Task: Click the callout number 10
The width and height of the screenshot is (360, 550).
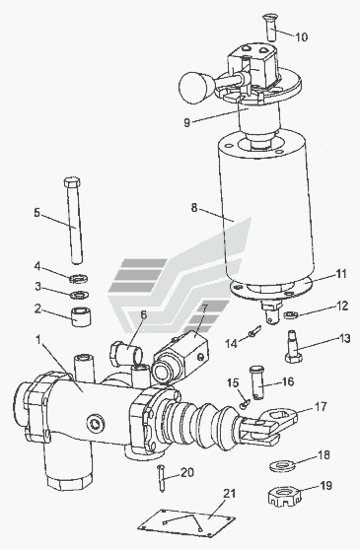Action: (x=301, y=36)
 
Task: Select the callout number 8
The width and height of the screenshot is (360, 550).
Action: (x=194, y=207)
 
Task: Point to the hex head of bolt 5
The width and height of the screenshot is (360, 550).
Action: (x=72, y=182)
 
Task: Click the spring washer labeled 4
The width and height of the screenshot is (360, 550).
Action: (x=79, y=279)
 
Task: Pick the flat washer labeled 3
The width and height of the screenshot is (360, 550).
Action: (x=79, y=295)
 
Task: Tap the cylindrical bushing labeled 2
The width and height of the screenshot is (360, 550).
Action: (x=82, y=316)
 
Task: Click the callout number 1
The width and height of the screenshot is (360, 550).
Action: (x=38, y=339)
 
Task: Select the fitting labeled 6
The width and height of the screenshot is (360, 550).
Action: (x=126, y=353)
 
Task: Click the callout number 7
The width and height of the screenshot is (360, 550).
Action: (x=204, y=309)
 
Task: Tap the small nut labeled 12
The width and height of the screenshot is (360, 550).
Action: (x=290, y=314)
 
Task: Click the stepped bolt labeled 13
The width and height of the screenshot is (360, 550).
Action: (x=293, y=346)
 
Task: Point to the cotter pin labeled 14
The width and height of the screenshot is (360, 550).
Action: (x=255, y=331)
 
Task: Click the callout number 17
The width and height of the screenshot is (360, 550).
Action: (x=321, y=406)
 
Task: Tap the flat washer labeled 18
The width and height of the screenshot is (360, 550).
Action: (x=282, y=466)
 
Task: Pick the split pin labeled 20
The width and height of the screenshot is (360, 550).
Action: (x=161, y=478)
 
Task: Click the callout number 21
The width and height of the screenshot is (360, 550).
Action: (x=230, y=493)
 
